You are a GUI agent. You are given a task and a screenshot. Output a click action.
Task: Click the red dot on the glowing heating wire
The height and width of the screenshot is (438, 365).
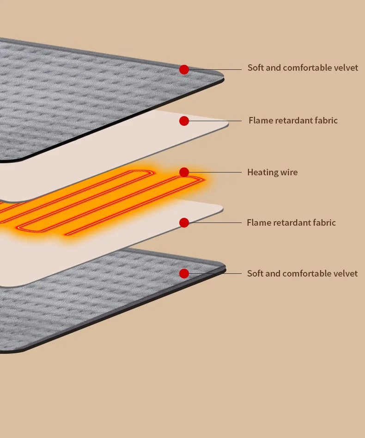pos(184,173)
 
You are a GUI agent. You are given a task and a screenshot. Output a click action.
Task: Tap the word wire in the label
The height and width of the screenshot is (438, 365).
pos(288,173)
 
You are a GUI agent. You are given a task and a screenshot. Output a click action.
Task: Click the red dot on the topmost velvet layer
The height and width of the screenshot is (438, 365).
pos(184,69)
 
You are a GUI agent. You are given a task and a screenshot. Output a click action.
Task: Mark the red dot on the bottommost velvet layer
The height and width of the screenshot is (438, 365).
pos(184,273)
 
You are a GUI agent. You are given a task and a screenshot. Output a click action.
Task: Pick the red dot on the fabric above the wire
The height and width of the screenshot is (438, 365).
pos(184,121)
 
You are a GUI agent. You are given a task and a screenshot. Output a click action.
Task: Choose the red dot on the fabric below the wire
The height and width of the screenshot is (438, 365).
pos(184,222)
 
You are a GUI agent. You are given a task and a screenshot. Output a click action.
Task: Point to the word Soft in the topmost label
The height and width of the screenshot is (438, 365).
pos(255,68)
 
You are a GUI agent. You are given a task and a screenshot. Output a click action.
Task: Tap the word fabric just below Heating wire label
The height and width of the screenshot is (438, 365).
pos(323,222)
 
